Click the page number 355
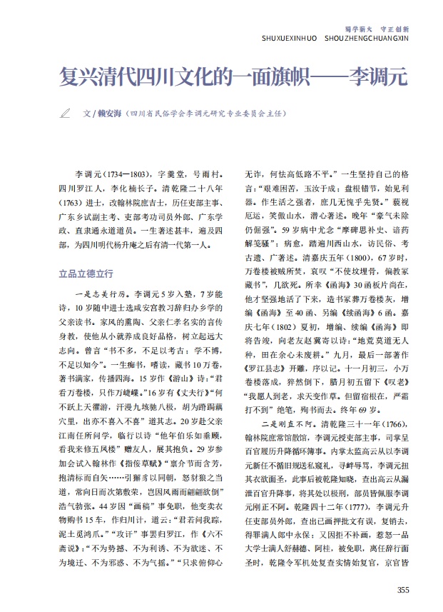coord(403,590)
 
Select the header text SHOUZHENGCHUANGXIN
coord(375,37)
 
